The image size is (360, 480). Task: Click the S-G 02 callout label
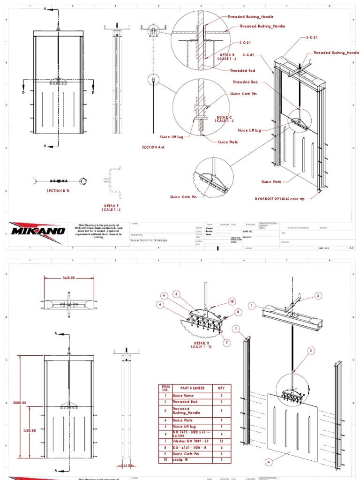click(248, 55)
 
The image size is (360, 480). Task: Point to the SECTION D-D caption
click(58, 191)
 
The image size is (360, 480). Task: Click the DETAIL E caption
click(112, 208)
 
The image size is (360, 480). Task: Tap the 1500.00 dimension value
click(30, 430)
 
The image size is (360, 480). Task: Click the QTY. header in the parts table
click(222, 388)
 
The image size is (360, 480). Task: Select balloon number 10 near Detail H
click(231, 301)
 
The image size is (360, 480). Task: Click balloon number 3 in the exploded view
click(318, 296)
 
